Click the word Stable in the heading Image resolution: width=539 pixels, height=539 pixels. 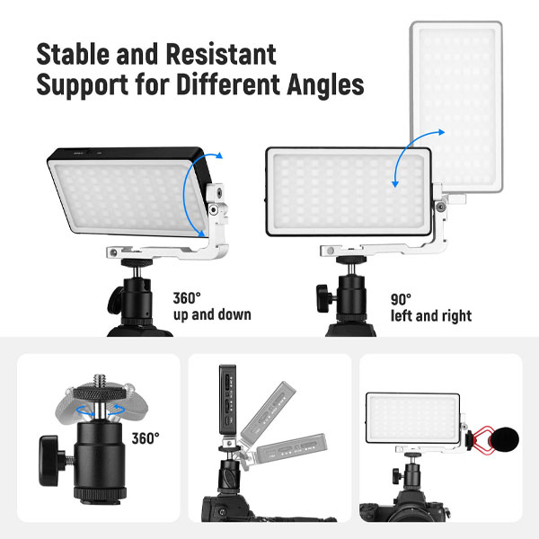pyautogui.click(x=74, y=54)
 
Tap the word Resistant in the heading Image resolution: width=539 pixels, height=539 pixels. pyautogui.click(x=221, y=54)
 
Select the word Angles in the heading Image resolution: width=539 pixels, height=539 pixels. pyautogui.click(x=325, y=84)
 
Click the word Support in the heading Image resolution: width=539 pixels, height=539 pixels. pyautogui.click(x=83, y=85)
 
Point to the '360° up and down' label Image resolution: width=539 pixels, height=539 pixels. pyautogui.click(x=212, y=306)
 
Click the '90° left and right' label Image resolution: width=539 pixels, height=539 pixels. pyautogui.click(x=431, y=308)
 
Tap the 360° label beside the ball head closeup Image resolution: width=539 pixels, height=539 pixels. pyautogui.click(x=146, y=438)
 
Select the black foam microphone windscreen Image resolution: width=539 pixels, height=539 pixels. pyautogui.click(x=505, y=439)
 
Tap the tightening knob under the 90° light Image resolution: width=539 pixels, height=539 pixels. pyautogui.click(x=324, y=298)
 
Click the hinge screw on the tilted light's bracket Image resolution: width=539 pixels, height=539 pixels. pyautogui.click(x=214, y=209)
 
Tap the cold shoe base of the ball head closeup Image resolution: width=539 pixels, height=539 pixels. pyautogui.click(x=100, y=495)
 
